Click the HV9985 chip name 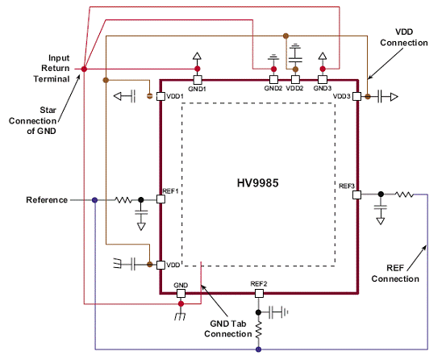pos(258,183)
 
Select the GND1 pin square pos(198,80)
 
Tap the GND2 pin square pos(273,80)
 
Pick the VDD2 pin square pos(295,80)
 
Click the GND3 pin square pos(323,80)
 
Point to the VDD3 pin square pos(357,97)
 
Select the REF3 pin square pos(357,195)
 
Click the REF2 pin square pos(259,293)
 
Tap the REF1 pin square pos(160,199)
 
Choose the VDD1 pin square pos(160,97)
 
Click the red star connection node pos(84,69)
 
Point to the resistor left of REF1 pos(123,200)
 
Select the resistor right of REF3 pos(404,195)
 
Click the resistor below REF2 pos(259,330)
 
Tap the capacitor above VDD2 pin pos(295,55)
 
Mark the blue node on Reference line pos(95,200)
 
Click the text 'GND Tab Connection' pos(228,329)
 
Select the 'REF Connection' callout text pos(395,273)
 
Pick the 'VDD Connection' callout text pos(404,37)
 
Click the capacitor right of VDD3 pos(381,97)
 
